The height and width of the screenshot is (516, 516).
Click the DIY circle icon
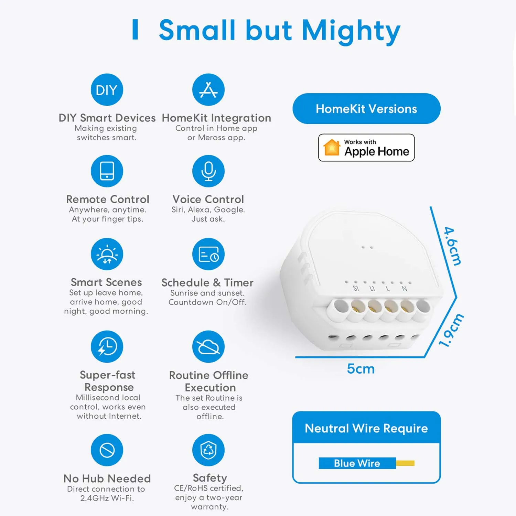pyautogui.click(x=107, y=90)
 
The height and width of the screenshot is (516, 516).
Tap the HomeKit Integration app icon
pyautogui.click(x=208, y=90)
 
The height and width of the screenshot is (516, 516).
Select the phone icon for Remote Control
pyautogui.click(x=107, y=171)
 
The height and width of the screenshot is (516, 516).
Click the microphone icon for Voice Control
pyautogui.click(x=208, y=171)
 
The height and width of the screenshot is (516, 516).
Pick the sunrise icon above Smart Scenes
pyautogui.click(x=107, y=254)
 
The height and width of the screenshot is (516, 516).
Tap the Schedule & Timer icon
pyautogui.click(x=208, y=254)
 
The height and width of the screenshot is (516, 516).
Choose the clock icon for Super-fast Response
pyautogui.click(x=107, y=346)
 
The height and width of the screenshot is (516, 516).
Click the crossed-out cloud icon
pyautogui.click(x=208, y=346)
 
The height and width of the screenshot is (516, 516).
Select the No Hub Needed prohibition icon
pyautogui.click(x=107, y=450)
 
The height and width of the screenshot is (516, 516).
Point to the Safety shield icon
pyautogui.click(x=208, y=450)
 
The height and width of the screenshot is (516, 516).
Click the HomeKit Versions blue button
pyautogui.click(x=366, y=109)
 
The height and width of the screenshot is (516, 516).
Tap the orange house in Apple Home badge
pyautogui.click(x=332, y=147)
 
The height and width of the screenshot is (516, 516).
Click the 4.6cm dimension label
pyautogui.click(x=452, y=246)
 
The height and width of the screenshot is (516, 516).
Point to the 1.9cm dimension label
pyautogui.click(x=451, y=330)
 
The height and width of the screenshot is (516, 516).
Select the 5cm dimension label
pyautogui.click(x=361, y=369)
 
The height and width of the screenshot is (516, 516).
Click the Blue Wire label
pyautogui.click(x=357, y=463)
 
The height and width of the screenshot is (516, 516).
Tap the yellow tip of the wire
pyautogui.click(x=405, y=463)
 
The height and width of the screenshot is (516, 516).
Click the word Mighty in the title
pyautogui.click(x=351, y=31)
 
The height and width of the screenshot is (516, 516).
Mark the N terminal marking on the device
pyautogui.click(x=405, y=289)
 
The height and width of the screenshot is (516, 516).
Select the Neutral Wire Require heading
pyautogui.click(x=366, y=428)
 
